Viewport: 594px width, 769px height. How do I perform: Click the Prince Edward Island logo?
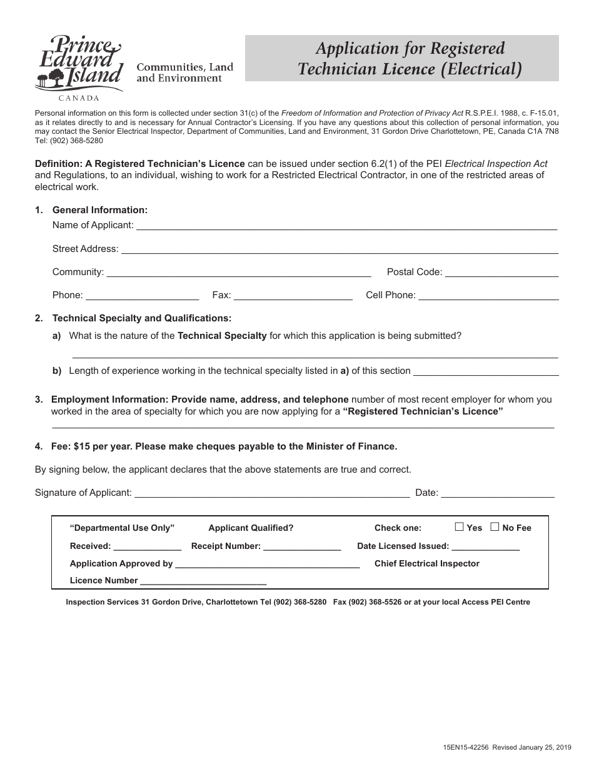(78, 66)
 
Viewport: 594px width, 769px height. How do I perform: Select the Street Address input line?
(339, 250)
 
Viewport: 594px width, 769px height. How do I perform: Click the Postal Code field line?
(501, 273)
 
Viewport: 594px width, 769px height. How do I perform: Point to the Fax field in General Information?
(293, 296)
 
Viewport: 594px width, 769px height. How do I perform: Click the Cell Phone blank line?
(488, 296)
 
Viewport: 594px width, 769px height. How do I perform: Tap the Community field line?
(239, 273)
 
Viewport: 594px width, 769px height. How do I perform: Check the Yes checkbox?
(459, 527)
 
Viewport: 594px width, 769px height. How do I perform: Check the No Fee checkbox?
(495, 527)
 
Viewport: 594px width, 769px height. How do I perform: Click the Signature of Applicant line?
(272, 493)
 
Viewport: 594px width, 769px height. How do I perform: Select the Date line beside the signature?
(498, 493)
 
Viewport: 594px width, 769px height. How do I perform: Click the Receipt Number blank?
(302, 547)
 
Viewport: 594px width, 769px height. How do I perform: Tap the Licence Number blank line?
(203, 581)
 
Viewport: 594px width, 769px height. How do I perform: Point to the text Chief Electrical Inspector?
(426, 563)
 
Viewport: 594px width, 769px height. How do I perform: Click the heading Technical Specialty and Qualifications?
(141, 318)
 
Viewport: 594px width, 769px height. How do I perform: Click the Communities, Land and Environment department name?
(185, 73)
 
